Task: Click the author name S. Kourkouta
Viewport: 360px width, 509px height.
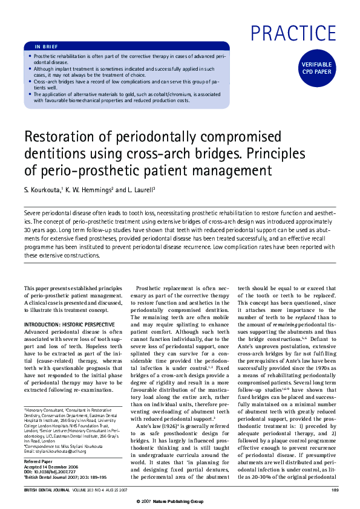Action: (44, 189)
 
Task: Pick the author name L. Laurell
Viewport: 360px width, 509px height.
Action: (141, 189)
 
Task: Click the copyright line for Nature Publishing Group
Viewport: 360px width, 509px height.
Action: (180, 502)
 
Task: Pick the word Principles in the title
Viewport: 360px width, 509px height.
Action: (273, 154)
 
